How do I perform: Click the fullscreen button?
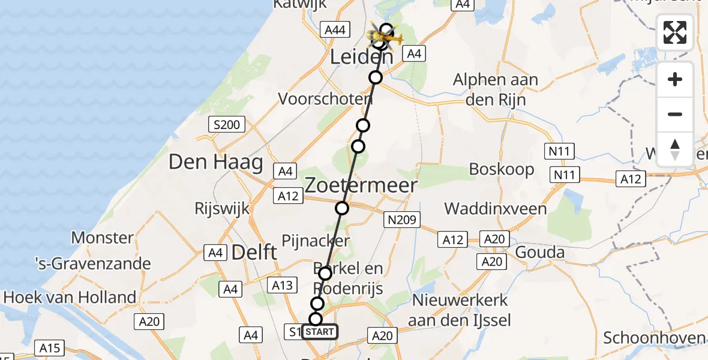pos(675,32)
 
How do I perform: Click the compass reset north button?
pos(675,149)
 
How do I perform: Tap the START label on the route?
pos(320,332)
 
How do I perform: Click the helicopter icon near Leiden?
pos(384,38)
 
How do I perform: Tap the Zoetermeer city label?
pos(361,185)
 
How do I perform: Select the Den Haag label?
pos(216,162)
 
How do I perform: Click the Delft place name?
pos(255,252)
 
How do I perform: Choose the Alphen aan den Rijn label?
pos(496,89)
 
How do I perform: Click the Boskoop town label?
pos(502,169)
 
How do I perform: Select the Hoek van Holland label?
pos(70,297)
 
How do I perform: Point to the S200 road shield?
pos(227,125)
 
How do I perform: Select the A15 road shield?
pos(50,347)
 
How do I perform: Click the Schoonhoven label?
pos(655,337)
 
